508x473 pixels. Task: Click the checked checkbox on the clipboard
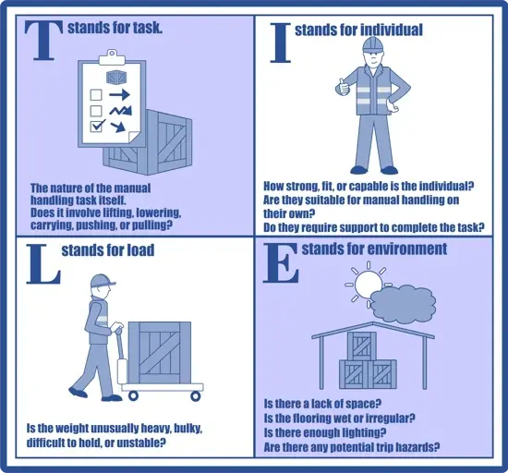point(94,127)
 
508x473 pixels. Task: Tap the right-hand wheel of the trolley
point(196,396)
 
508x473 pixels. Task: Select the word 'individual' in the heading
point(388,30)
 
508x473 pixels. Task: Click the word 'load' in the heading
point(139,250)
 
